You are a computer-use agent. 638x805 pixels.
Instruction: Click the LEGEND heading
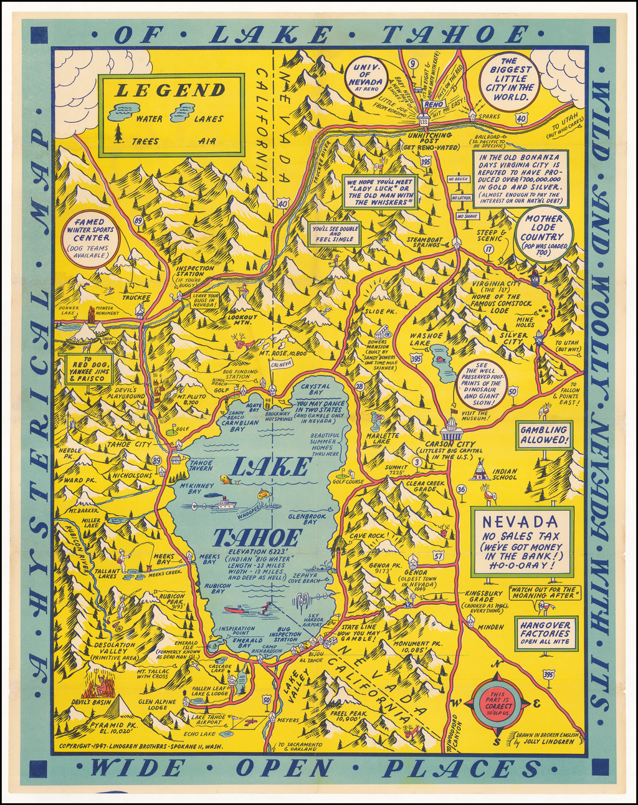coord(170,90)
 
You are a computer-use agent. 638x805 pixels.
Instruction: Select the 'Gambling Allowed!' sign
coord(544,435)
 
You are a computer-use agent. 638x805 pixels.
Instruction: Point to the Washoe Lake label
coord(427,339)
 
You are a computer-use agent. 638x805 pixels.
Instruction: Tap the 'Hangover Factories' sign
coord(545,633)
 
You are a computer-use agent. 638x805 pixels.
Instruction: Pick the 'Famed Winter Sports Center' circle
coord(92,240)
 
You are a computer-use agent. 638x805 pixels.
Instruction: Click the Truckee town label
coord(136,297)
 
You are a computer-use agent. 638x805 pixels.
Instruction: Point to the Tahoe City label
coord(129,444)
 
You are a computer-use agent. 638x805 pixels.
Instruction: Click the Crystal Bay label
coord(315,389)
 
